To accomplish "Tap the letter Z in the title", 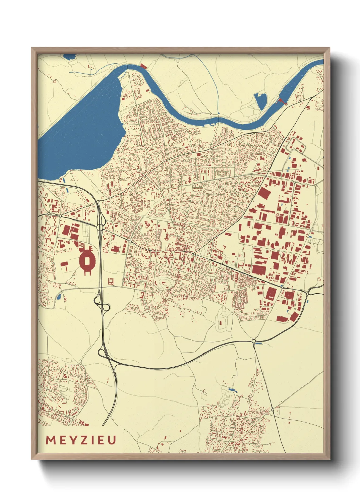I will pyautogui.click(x=83, y=440).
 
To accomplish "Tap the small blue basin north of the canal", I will pyautogui.click(x=260, y=101).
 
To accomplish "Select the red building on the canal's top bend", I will pyautogui.click(x=143, y=66).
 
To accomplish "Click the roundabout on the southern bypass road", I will pyautogui.click(x=253, y=341).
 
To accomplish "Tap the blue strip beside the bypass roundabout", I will pyautogui.click(x=259, y=343).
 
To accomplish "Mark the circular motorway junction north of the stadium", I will pyautogui.click(x=100, y=227).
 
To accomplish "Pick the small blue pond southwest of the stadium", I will pyautogui.click(x=59, y=297).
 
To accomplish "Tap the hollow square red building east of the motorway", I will pyautogui.click(x=110, y=281).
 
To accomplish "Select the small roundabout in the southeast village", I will pyautogui.click(x=272, y=410).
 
